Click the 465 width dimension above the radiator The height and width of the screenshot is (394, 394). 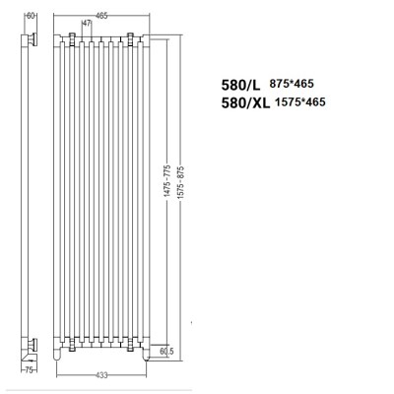click(x=101, y=15)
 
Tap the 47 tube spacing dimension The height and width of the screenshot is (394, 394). click(x=87, y=24)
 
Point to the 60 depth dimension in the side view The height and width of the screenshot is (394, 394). click(x=31, y=16)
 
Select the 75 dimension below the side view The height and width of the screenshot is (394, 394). click(x=30, y=370)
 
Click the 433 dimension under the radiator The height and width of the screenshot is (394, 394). click(x=101, y=375)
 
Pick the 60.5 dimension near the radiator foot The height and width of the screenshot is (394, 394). click(x=166, y=351)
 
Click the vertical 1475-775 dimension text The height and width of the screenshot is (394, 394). click(x=167, y=181)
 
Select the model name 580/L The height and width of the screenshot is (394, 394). click(x=240, y=85)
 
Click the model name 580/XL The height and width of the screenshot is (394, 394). click(x=245, y=102)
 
